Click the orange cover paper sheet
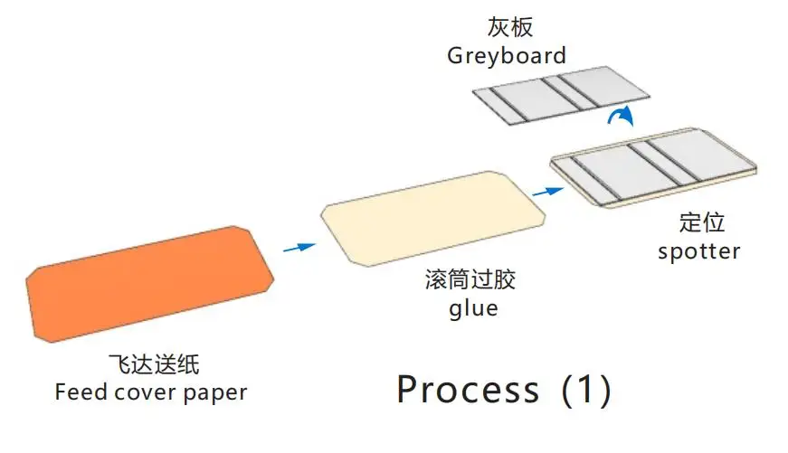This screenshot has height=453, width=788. coord(149,282)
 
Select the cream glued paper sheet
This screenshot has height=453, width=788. coord(432,217)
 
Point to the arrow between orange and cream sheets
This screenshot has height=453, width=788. coord(299,246)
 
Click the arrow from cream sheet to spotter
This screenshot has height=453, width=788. coord(545,191)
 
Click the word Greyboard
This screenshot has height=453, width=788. coord(507,55)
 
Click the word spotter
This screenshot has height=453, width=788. coord(698,250)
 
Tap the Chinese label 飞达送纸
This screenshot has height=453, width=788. coord(153,365)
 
